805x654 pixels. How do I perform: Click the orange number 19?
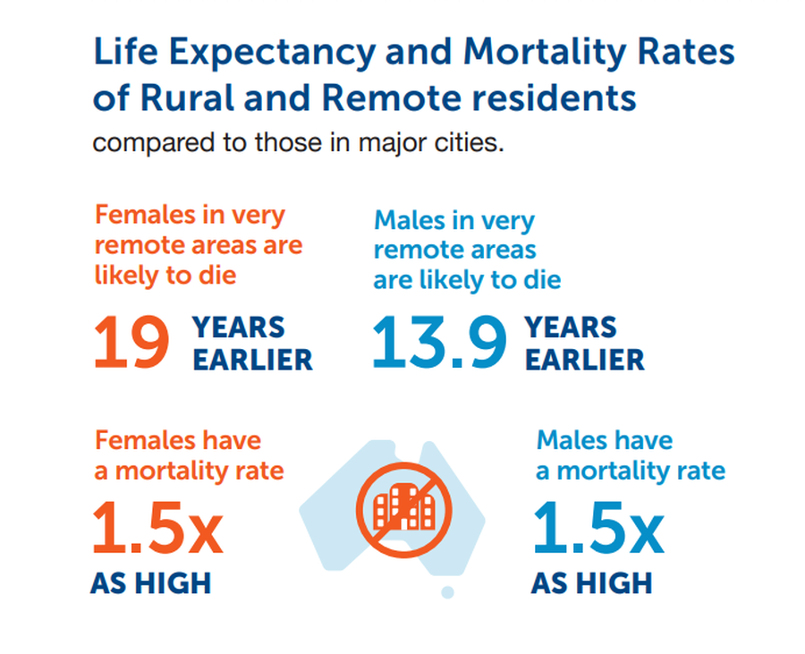(x=131, y=344)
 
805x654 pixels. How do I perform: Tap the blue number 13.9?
(x=439, y=344)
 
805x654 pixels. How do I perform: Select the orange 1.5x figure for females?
(x=157, y=531)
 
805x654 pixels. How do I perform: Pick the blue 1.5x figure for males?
(x=598, y=531)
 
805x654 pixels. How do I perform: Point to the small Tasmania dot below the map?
(x=447, y=592)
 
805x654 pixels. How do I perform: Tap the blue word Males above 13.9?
(x=411, y=220)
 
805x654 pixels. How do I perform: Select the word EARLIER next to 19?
(x=253, y=360)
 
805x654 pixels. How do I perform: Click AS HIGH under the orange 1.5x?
(x=151, y=583)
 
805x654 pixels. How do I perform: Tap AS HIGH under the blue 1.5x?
(x=591, y=583)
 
